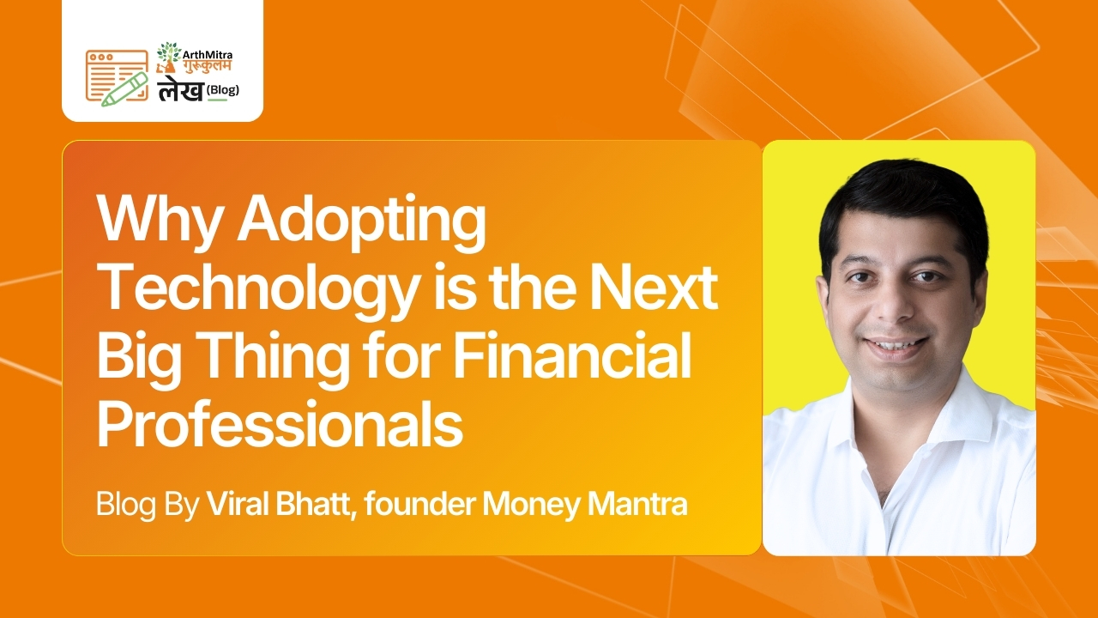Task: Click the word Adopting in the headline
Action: pyautogui.click(x=361, y=222)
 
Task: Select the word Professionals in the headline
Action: pyautogui.click(x=280, y=421)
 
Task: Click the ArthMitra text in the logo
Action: pyautogui.click(x=207, y=55)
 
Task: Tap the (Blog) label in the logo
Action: pyautogui.click(x=223, y=90)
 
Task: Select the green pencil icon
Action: pyautogui.click(x=125, y=88)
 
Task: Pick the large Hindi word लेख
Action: pyautogui.click(x=180, y=91)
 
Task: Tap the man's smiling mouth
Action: pyautogui.click(x=896, y=347)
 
